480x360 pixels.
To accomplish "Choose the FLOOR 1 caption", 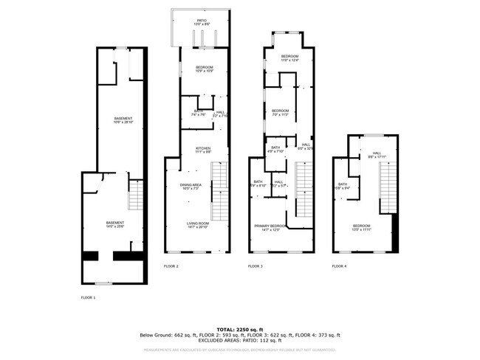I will click(88, 298).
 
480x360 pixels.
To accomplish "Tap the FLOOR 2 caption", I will click(171, 266).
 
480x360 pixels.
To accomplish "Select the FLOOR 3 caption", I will click(255, 266).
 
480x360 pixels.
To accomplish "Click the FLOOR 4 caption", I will click(339, 266).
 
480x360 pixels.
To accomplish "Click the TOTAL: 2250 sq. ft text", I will click(239, 329).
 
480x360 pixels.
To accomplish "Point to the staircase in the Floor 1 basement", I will click(135, 195).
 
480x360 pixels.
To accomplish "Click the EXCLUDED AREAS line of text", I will click(239, 340).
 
